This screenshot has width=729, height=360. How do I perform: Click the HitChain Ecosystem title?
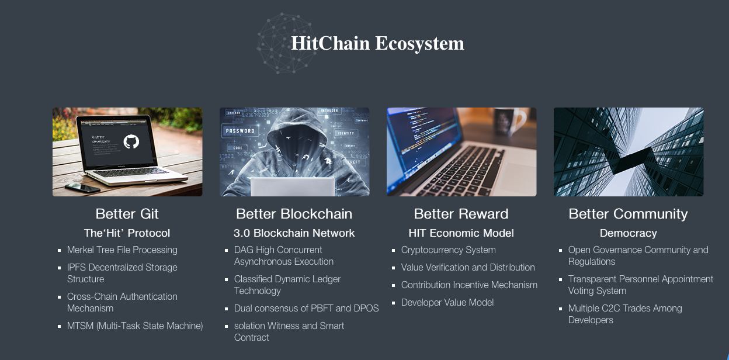(x=377, y=44)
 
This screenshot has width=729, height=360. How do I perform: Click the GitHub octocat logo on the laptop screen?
(x=131, y=141)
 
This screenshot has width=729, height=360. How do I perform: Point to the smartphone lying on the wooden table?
(x=82, y=188)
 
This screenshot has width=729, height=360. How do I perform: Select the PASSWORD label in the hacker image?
(x=240, y=131)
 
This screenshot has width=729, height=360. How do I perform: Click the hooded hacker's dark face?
(x=294, y=147)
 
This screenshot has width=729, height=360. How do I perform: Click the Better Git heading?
(x=127, y=214)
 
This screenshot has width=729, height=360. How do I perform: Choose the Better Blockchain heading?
(x=294, y=214)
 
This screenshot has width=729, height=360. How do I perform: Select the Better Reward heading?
(x=461, y=214)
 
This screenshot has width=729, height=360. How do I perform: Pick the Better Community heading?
(x=628, y=214)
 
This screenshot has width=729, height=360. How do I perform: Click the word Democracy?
(x=629, y=233)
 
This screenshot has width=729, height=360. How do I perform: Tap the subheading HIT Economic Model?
(x=461, y=233)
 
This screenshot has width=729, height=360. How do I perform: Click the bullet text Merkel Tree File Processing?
(x=122, y=250)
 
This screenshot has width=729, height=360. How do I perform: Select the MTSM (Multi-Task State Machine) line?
(x=135, y=326)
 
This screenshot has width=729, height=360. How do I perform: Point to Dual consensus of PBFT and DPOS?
(x=306, y=308)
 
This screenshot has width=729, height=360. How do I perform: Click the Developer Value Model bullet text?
(x=447, y=302)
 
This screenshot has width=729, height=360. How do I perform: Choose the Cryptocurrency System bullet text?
(x=449, y=250)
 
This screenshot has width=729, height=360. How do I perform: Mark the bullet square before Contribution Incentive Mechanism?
(x=393, y=285)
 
